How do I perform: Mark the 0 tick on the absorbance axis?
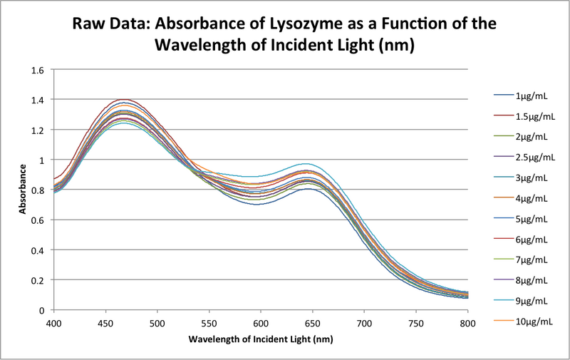pos(41,311)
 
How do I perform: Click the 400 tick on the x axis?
pos(54,324)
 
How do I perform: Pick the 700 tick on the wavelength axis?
pos(364,324)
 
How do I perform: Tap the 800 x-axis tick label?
pos(467,324)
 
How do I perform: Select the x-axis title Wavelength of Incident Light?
pos(261,339)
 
